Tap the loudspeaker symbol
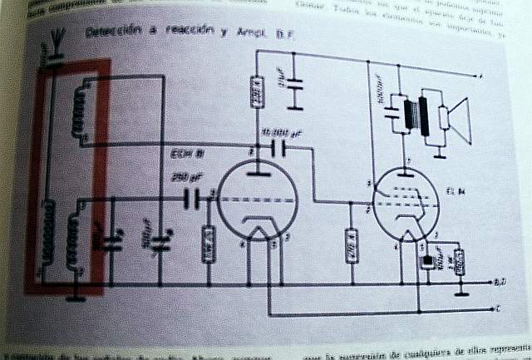pyautogui.click(x=456, y=120)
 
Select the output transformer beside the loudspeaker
pyautogui.click(x=419, y=116)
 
